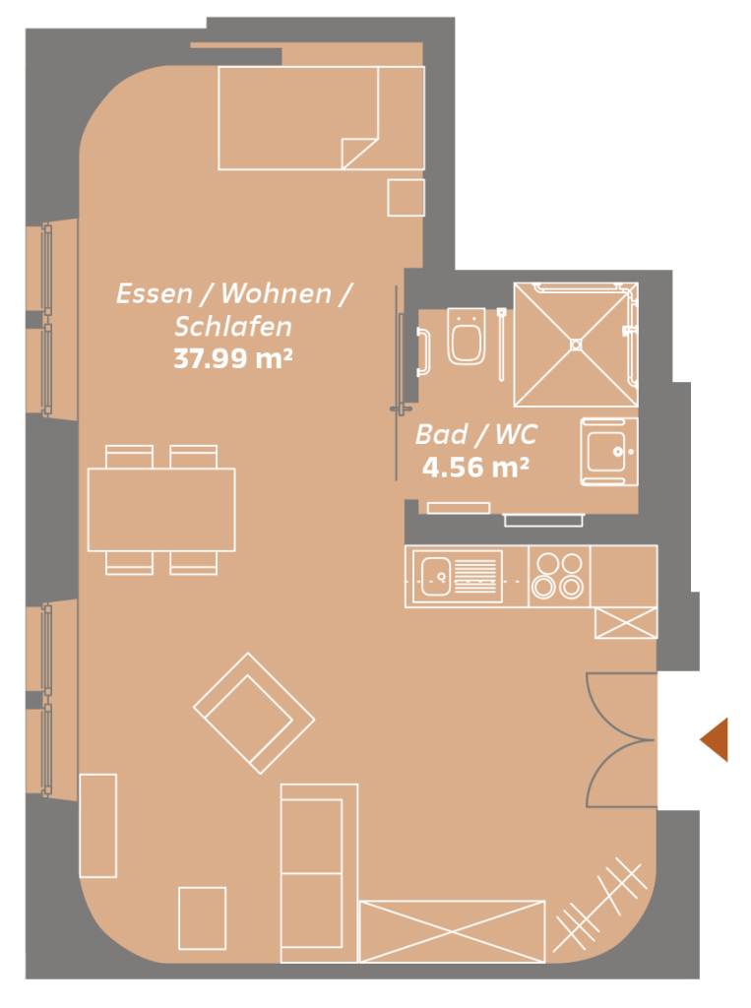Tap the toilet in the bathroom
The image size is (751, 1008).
click(x=466, y=336)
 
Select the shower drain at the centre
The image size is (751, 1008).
click(x=576, y=345)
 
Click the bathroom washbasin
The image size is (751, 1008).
click(x=609, y=451)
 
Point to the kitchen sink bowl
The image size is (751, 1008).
click(x=435, y=577)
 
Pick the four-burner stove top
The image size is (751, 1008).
click(x=559, y=575)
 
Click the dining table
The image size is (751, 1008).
click(x=161, y=510)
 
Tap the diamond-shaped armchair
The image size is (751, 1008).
click(x=254, y=714)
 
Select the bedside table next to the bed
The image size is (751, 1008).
click(x=406, y=198)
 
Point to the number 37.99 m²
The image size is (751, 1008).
click(x=233, y=358)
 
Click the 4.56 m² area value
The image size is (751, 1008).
click(x=475, y=468)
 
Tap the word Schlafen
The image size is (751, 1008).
click(x=233, y=327)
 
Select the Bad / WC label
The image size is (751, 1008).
click(x=475, y=434)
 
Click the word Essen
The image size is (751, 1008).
click(x=155, y=293)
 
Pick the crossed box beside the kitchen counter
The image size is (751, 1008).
click(x=626, y=623)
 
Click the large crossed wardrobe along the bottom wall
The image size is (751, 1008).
click(x=452, y=931)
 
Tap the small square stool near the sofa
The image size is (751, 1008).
click(x=203, y=918)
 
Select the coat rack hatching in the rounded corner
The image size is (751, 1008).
click(x=599, y=905)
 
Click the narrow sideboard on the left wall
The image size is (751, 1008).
click(x=98, y=826)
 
